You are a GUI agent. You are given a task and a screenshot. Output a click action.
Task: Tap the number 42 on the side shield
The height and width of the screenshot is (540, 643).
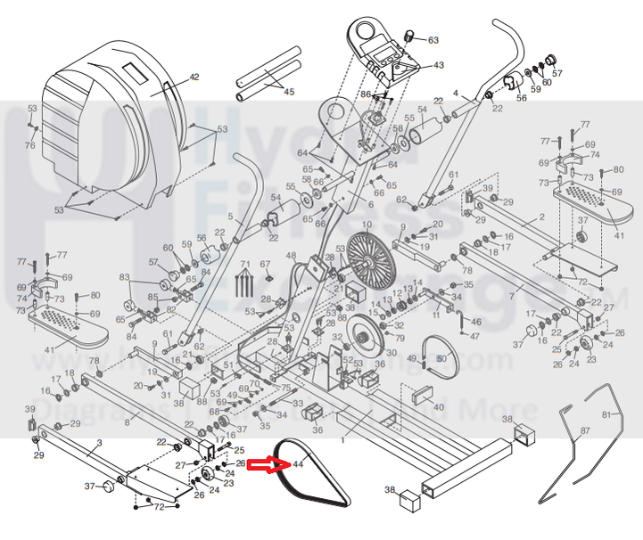click(x=194, y=78)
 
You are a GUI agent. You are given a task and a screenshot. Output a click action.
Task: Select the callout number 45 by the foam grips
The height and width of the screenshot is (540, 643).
click(x=288, y=91)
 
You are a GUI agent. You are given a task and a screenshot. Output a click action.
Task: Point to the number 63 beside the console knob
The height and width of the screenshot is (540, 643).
click(x=433, y=40)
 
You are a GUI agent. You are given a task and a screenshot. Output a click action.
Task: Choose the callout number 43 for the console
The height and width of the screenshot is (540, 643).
click(x=438, y=65)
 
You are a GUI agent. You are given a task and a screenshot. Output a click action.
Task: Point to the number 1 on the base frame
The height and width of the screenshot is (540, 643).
click(x=342, y=438)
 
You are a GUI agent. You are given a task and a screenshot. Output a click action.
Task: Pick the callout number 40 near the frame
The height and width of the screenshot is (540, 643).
click(x=438, y=407)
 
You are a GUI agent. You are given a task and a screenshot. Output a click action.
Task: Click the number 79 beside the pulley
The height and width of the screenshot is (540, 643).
click(x=400, y=339)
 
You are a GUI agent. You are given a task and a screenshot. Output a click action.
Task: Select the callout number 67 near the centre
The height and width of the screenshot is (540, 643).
click(x=264, y=265)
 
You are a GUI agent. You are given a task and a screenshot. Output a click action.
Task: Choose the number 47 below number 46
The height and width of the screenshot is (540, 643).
click(x=474, y=336)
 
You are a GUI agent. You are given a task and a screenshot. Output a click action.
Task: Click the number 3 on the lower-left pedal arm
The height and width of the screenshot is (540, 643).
click(x=100, y=442)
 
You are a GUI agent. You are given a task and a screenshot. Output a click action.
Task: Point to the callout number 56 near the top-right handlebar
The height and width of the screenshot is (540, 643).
click(x=522, y=98)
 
